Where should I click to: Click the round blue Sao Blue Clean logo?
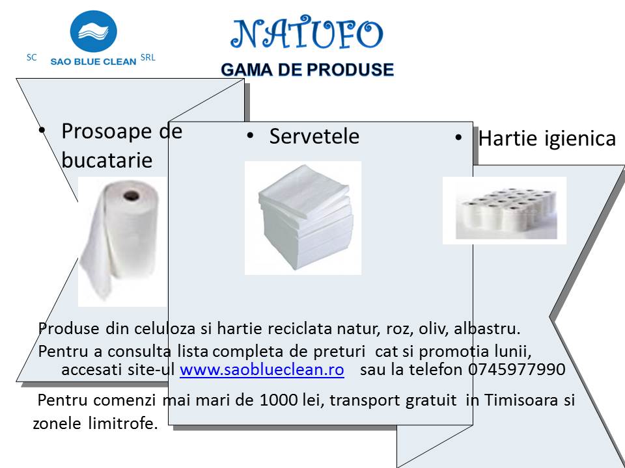pos(94,31)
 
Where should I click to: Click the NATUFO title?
pos(307,33)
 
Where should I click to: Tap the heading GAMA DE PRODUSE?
pos(307,70)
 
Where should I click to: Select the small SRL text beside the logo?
pos(148,58)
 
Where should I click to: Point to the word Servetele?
pos(314,136)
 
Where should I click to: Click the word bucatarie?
pos(107,160)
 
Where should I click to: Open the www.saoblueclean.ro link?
pos(262,369)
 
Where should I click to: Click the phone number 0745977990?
pos(516,369)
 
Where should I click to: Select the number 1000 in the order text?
pos(279,400)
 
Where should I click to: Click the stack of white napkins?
pos(305,217)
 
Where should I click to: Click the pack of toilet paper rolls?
pos(506,213)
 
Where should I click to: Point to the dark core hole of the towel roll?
pos(131,196)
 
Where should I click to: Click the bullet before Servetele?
pos(250,136)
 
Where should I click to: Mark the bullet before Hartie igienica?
pos(458,138)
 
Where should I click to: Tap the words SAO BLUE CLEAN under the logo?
pos(93,62)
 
